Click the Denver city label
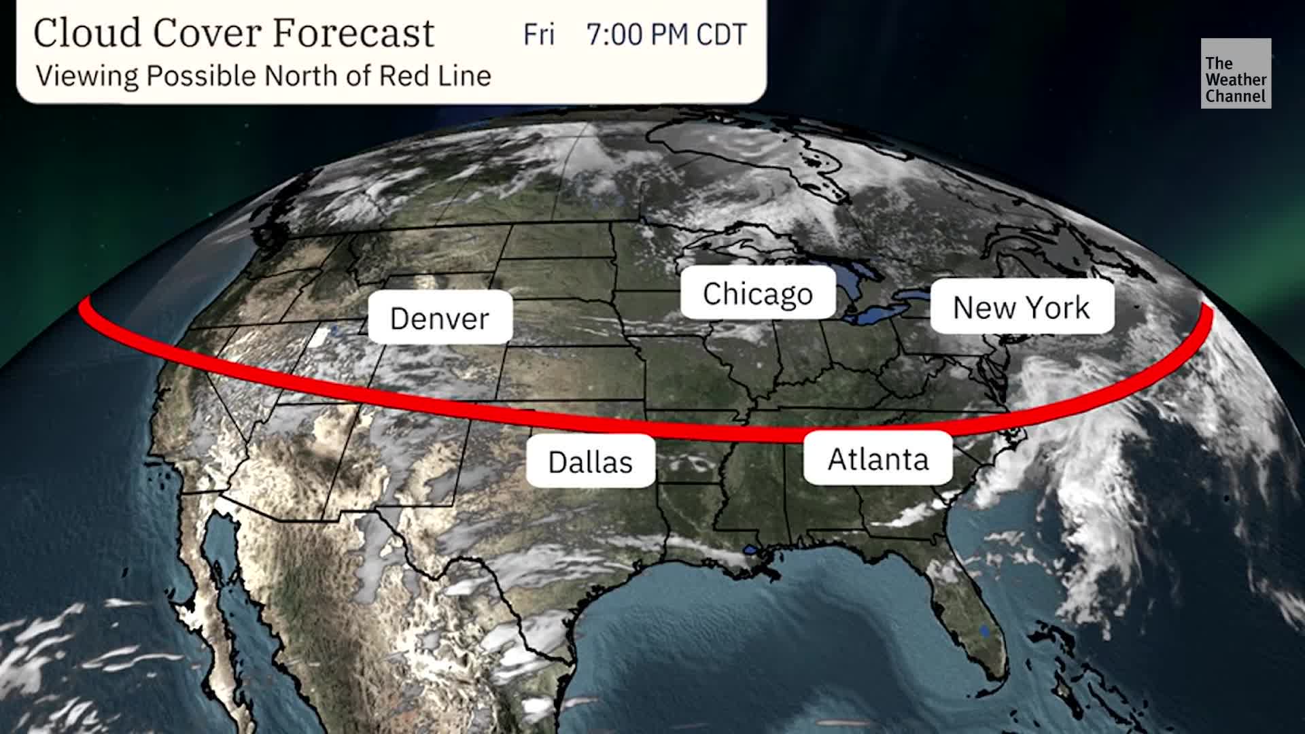pyautogui.click(x=440, y=317)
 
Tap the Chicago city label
pyautogui.click(x=758, y=293)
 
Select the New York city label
pyautogui.click(x=1021, y=307)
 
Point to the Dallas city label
pyautogui.click(x=590, y=461)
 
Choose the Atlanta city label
pyautogui.click(x=877, y=459)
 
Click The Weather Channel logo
pyautogui.click(x=1235, y=73)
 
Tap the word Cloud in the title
pyautogui.click(x=88, y=33)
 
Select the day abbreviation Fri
pyautogui.click(x=538, y=34)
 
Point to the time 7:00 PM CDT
pyautogui.click(x=666, y=34)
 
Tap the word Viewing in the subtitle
pyautogui.click(x=86, y=75)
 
